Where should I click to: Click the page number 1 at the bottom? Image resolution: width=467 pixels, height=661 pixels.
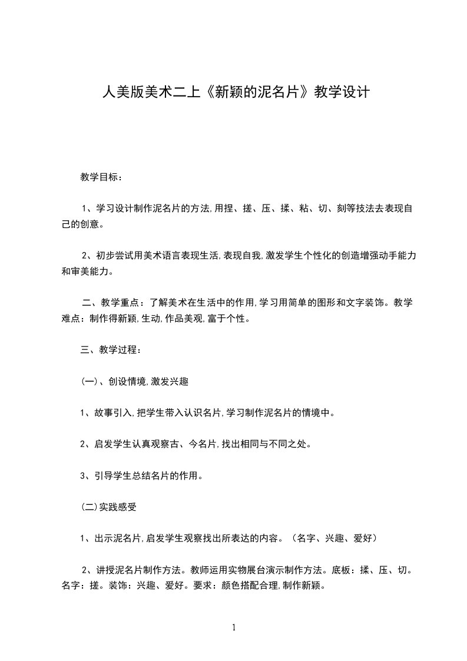click(x=234, y=627)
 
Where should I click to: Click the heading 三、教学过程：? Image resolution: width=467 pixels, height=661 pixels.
click(x=111, y=350)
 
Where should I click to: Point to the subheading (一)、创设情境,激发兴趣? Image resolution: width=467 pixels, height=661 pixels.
click(x=134, y=382)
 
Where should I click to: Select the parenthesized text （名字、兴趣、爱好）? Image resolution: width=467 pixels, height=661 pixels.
click(x=334, y=538)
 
